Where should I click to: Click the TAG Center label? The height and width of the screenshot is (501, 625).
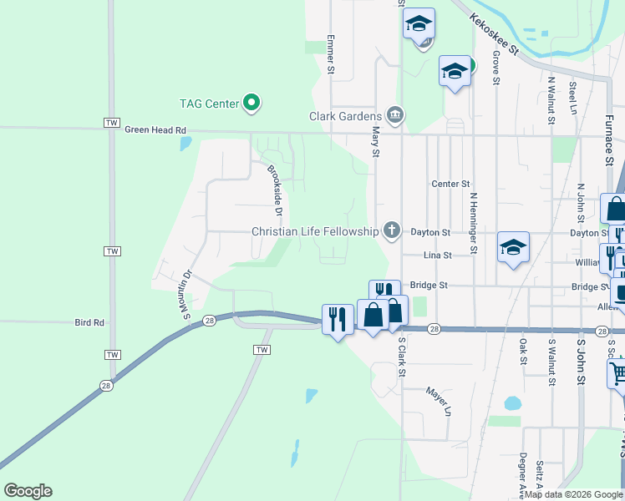pos(210,104)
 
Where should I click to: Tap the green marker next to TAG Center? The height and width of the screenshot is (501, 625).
pos(252,104)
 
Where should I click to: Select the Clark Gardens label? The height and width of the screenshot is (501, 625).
pos(345,117)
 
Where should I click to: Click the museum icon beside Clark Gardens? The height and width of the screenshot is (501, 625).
pos(395,116)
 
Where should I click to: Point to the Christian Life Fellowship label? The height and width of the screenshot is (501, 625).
pos(315,231)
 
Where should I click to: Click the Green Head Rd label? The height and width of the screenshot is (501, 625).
pos(155,130)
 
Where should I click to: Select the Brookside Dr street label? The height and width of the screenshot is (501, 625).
pos(275,190)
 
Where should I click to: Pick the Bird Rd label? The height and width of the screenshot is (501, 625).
pos(89,321)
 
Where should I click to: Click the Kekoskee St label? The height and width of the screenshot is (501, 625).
pos(493,34)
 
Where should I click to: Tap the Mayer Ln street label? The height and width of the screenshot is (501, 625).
pos(438,401)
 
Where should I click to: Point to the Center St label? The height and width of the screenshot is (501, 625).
pos(451,184)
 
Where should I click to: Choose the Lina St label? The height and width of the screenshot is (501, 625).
pos(437,255)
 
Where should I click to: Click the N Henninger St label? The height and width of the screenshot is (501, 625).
pos(473,222)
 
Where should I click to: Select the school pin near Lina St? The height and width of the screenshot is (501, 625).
pos(513,247)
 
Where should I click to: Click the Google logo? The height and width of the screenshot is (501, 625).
pos(28,491)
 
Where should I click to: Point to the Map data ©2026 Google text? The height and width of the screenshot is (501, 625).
pos(573,494)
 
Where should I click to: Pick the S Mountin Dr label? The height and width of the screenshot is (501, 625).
pos(185,293)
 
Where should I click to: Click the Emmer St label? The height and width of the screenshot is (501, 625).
pos(331,55)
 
